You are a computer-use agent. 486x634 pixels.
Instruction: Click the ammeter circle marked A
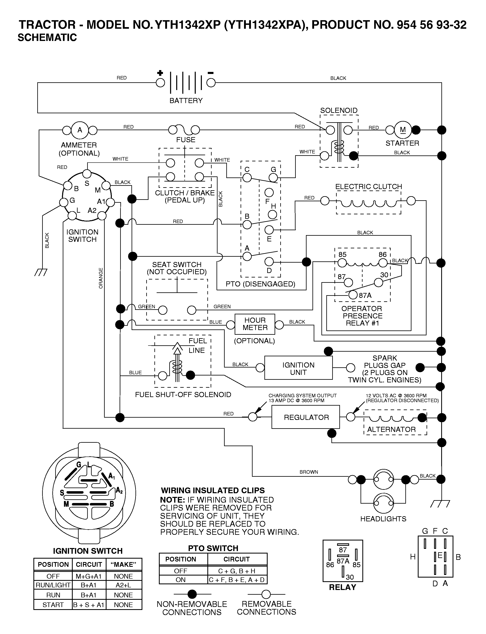pyautogui.click(x=80, y=130)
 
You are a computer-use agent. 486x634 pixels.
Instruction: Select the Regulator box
pyautogui.click(x=306, y=417)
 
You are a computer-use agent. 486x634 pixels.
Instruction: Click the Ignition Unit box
pyautogui.click(x=298, y=368)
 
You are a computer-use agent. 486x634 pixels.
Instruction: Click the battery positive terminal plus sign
pyautogui.click(x=160, y=73)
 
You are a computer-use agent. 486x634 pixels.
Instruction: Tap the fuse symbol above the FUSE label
pyautogui.click(x=184, y=130)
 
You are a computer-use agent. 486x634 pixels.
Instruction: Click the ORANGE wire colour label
pyautogui.click(x=101, y=278)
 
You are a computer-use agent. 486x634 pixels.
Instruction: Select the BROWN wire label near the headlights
pyautogui.click(x=309, y=472)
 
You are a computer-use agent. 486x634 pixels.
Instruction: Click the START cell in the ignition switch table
pyautogui.click(x=53, y=605)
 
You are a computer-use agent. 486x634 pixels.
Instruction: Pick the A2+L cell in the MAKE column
pyautogui.click(x=123, y=585)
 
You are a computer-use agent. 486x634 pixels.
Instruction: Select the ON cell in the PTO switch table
pyautogui.click(x=180, y=580)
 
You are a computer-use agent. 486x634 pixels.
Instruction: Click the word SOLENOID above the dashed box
pyautogui.click(x=339, y=110)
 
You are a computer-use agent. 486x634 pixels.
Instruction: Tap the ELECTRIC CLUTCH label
pyautogui.click(x=368, y=187)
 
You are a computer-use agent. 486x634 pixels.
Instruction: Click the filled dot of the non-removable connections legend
pyautogui.click(x=192, y=594)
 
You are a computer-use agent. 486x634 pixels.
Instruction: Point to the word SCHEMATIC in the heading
pyautogui.click(x=47, y=38)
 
